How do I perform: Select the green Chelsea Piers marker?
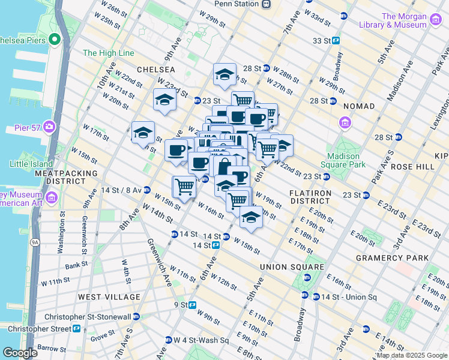click(55, 40)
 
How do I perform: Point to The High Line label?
click(109, 53)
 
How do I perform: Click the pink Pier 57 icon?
click(49, 128)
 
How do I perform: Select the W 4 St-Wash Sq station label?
click(202, 340)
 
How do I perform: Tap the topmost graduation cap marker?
click(224, 75)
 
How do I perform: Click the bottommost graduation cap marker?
click(251, 218)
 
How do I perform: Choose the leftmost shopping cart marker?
click(184, 186)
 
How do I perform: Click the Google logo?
click(20, 353)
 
